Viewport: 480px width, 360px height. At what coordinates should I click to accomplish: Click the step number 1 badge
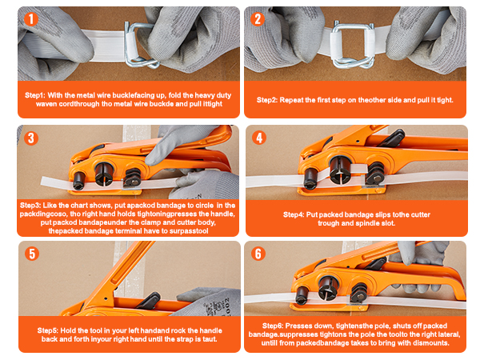coord(31,19)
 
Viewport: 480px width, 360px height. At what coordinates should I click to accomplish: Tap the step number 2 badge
coord(258,19)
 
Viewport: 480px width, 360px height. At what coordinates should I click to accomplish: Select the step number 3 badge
coord(31,138)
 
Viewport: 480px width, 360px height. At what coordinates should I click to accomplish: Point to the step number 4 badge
coord(259,138)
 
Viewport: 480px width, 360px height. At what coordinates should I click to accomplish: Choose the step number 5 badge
coord(32,254)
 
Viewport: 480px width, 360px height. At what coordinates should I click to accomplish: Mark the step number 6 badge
coord(258,254)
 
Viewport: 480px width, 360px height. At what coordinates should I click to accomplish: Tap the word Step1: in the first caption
coord(35,95)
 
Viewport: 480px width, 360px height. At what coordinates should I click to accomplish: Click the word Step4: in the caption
coord(294,214)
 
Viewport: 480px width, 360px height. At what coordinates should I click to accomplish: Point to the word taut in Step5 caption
coord(210,339)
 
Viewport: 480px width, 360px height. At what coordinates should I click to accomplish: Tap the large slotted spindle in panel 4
coord(339,170)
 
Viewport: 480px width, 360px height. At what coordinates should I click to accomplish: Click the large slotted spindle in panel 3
coord(104,174)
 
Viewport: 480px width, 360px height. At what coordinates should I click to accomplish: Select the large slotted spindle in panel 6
coord(328,287)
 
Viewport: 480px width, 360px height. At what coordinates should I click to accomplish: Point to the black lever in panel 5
coord(150,300)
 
